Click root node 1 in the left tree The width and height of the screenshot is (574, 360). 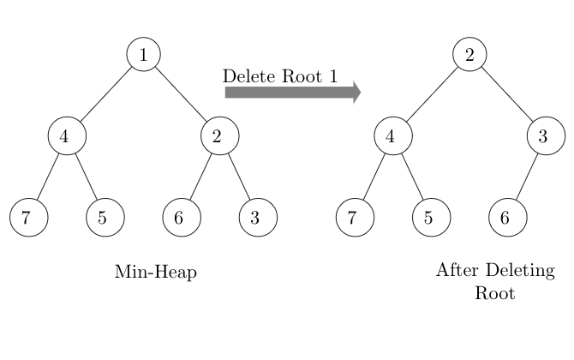(144, 54)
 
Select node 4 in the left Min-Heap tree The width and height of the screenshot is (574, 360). (67, 135)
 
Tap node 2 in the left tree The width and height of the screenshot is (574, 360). (220, 135)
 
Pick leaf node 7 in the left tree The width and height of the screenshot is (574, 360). (28, 217)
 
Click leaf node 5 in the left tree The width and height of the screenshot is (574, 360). (105, 217)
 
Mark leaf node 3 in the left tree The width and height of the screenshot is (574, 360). (258, 217)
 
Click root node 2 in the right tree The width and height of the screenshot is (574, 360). (469, 54)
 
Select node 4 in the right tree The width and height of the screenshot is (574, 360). (392, 135)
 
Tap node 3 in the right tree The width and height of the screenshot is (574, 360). (546, 135)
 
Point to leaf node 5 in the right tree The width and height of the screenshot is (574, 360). (430, 217)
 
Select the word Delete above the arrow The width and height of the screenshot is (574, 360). (248, 75)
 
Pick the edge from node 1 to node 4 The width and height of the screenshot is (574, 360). (105, 94)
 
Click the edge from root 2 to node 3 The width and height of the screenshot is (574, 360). (508, 94)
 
